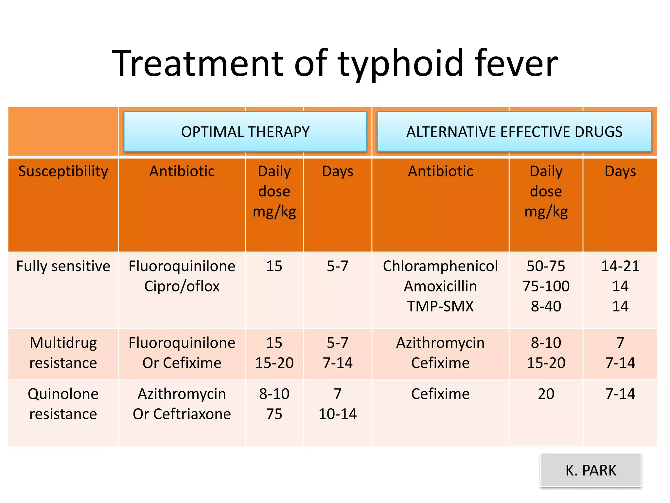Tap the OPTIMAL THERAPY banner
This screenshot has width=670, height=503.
[245, 132]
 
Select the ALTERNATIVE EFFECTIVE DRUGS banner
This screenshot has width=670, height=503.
[514, 132]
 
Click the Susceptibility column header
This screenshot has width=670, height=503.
[63, 171]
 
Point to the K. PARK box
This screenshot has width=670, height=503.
[591, 470]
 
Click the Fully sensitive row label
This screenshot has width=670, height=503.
[63, 266]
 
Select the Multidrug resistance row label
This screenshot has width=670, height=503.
[63, 353]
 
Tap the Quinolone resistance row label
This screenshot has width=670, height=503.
[63, 404]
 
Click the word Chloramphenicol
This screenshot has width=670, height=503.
[440, 266]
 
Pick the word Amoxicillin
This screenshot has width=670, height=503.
[440, 286]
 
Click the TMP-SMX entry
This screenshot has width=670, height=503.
[440, 307]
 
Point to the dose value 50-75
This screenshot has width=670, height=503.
[546, 266]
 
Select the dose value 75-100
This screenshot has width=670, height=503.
[546, 286]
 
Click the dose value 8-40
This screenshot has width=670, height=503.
[546, 307]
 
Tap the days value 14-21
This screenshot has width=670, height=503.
[620, 266]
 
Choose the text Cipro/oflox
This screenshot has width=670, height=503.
[182, 286]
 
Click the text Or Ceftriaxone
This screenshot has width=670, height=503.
[182, 414]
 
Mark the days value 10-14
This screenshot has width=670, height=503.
[338, 414]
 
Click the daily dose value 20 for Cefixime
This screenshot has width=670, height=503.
[546, 394]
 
